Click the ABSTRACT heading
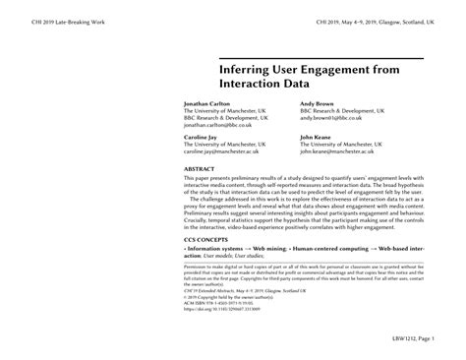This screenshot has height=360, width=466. (x=201, y=169)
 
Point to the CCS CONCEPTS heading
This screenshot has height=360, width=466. (x=209, y=238)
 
